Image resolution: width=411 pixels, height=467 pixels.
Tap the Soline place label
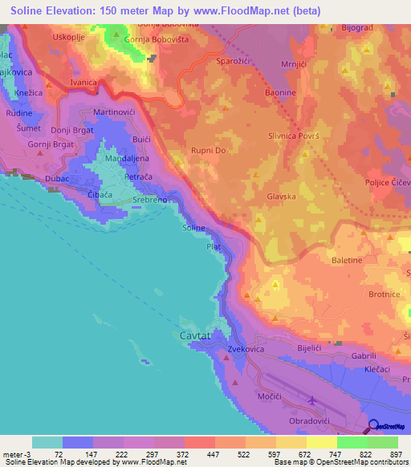(194, 229)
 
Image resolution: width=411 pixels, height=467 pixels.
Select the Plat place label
(214, 247)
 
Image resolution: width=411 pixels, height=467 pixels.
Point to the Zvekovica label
(246, 350)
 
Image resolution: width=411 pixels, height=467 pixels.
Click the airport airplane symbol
(311, 400)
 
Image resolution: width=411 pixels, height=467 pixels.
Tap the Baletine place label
(347, 261)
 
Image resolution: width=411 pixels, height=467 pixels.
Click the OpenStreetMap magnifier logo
(374, 427)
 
